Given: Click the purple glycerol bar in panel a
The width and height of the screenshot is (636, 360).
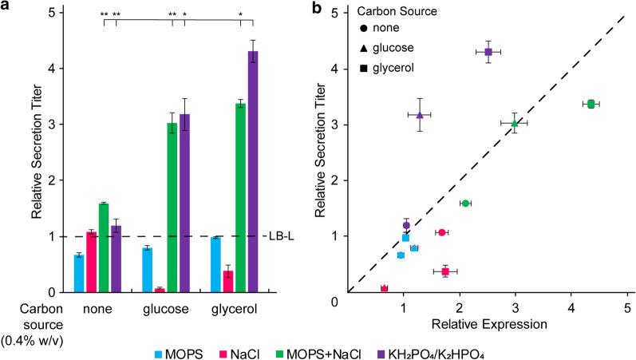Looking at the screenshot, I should pos(251,172).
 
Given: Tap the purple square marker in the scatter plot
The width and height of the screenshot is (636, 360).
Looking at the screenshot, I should pos(488,52).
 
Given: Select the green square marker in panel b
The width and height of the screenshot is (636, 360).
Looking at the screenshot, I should pos(591,104).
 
